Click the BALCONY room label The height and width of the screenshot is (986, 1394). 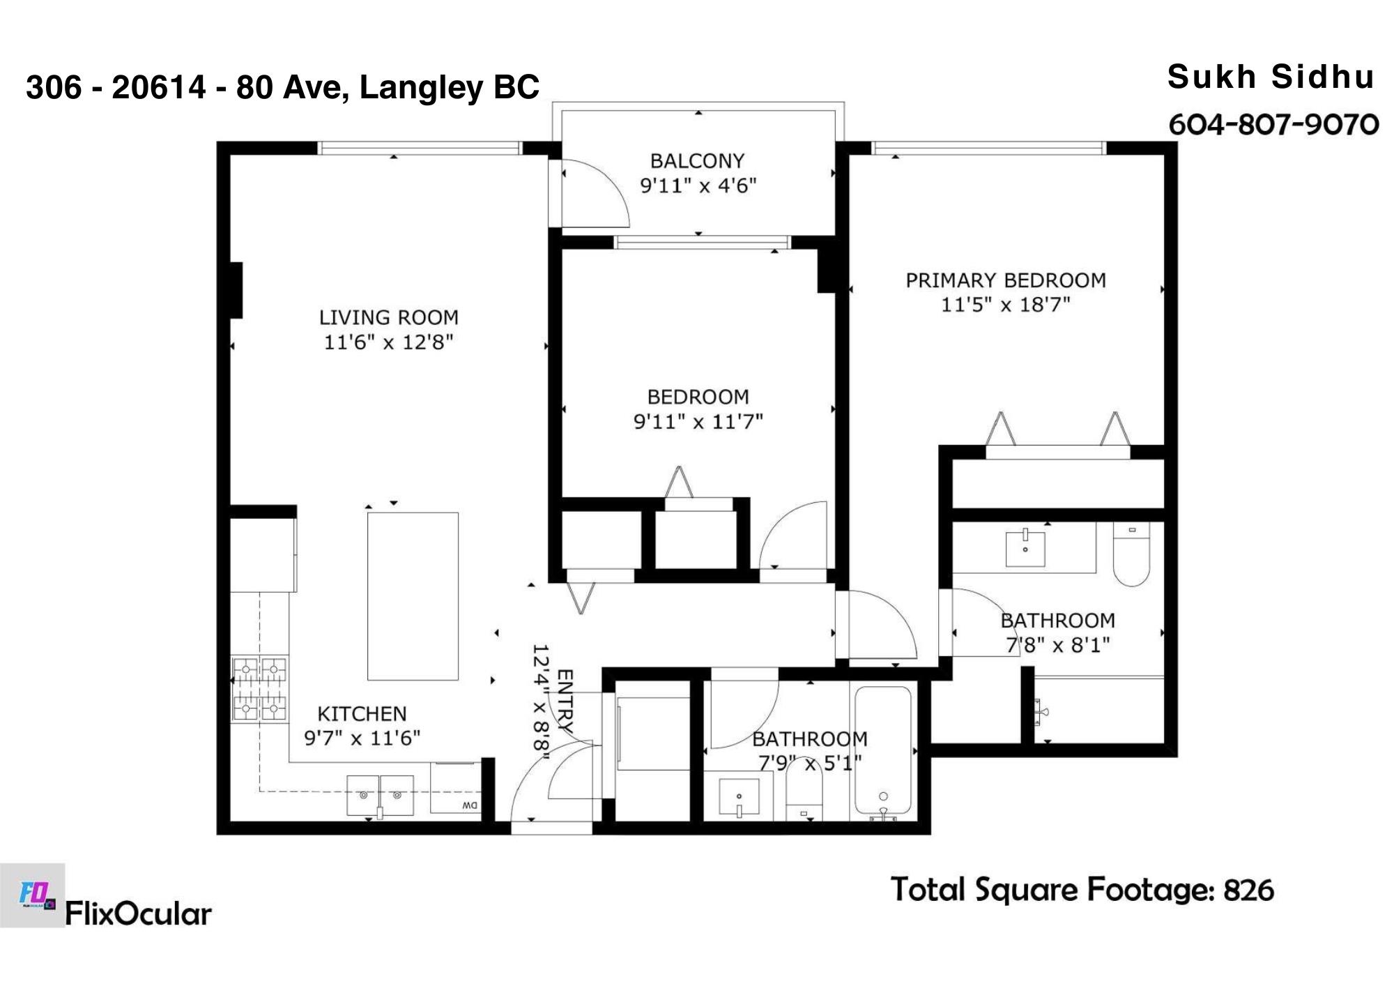(x=697, y=161)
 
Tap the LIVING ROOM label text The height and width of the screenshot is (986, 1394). (x=389, y=318)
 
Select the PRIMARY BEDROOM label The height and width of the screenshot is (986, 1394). (x=1006, y=280)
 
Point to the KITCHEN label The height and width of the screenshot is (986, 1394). (x=362, y=714)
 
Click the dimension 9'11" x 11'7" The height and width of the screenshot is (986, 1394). (x=698, y=422)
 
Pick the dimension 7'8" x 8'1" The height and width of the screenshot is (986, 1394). (x=1057, y=645)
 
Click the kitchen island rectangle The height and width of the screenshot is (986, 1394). (x=413, y=596)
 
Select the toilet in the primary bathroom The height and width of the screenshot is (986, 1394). (x=1131, y=554)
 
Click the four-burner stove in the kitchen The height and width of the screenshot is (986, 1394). (x=259, y=690)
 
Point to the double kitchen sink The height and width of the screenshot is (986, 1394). (x=381, y=795)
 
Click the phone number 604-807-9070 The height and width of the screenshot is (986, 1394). (x=1273, y=125)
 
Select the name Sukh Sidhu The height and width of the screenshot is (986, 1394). (x=1271, y=77)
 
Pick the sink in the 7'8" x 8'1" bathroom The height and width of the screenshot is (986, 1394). (x=1025, y=549)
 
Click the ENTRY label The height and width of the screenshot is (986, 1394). (x=565, y=701)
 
